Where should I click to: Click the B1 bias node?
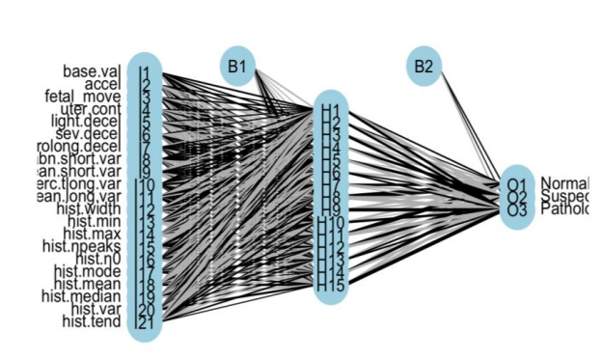237,67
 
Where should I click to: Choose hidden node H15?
331,286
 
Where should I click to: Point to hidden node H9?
331,210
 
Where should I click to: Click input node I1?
145,71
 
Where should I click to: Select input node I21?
145,321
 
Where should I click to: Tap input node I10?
145,184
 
